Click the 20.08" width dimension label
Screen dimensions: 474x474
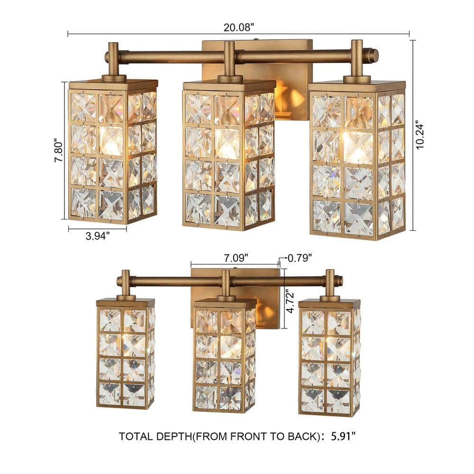click(237, 27)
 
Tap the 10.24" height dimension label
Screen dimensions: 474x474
click(420, 135)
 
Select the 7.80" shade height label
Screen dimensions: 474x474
click(59, 151)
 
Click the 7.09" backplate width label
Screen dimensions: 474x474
click(236, 258)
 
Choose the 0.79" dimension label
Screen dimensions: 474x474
click(300, 258)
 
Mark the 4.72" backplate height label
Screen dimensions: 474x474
click(290, 301)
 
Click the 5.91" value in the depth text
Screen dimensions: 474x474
click(343, 436)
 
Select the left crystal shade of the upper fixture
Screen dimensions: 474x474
click(113, 152)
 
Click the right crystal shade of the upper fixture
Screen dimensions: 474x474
click(357, 160)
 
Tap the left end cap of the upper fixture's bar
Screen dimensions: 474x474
click(106, 56)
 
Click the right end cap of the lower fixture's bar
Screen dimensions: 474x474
click(340, 279)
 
